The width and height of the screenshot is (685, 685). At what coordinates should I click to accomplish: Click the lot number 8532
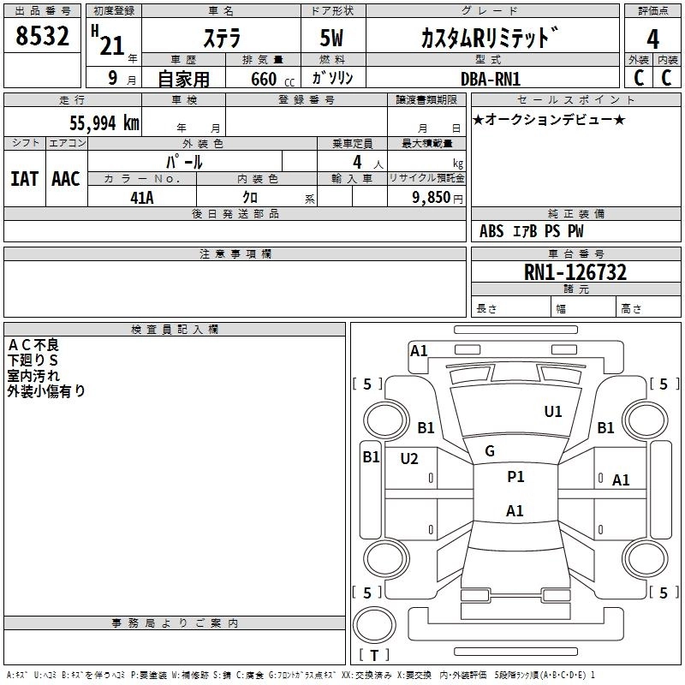(43, 38)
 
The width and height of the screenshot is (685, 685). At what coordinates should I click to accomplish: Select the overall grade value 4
(653, 39)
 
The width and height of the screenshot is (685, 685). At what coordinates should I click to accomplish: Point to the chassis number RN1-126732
(575, 273)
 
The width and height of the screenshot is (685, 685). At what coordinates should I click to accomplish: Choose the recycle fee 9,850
(431, 198)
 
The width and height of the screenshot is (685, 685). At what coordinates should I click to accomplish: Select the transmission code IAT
(24, 179)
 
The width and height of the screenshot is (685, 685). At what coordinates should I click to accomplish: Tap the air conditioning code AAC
(66, 179)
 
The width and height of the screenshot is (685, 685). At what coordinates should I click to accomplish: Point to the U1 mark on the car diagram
(553, 412)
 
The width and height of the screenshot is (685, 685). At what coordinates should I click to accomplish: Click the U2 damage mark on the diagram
(409, 459)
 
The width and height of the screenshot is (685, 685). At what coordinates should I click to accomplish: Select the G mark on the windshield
(490, 451)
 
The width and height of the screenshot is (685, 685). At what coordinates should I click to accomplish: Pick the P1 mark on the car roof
(515, 477)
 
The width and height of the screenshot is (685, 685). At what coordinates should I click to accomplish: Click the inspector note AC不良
(33, 345)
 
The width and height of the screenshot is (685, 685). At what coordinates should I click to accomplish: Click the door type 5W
(333, 39)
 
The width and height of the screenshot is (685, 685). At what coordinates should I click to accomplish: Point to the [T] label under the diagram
(373, 656)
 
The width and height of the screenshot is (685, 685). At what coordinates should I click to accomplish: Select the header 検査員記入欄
(175, 330)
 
